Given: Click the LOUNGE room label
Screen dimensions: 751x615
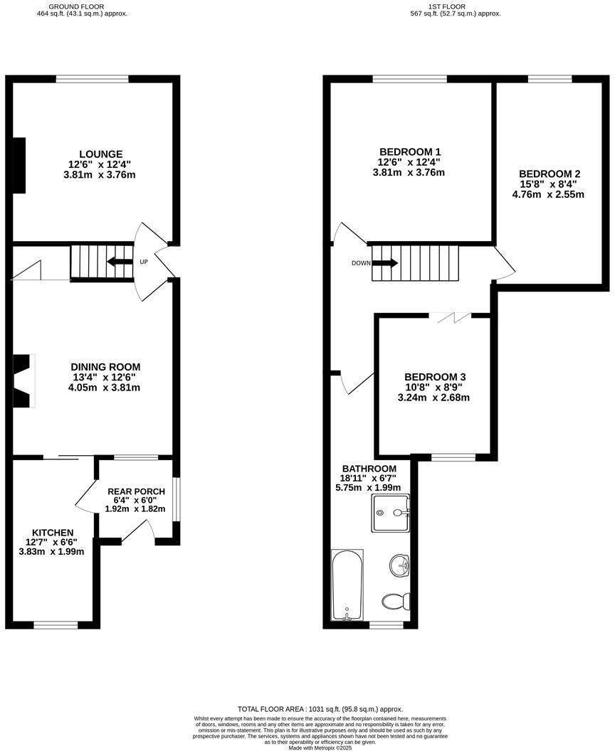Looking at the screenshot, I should (x=100, y=154).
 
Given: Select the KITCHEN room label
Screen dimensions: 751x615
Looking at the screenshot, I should (x=52, y=533).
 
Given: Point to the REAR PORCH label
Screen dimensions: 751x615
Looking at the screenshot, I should (x=136, y=491).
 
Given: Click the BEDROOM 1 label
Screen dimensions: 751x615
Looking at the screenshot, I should (x=410, y=151).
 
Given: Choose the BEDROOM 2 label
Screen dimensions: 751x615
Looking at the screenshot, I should (x=550, y=174).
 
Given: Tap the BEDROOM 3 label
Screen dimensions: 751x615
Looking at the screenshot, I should (x=435, y=377).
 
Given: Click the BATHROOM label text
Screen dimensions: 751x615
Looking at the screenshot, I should (x=369, y=469).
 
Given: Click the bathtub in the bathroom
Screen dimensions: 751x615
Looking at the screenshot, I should (x=347, y=585).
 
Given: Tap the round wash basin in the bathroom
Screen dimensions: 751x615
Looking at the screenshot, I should (x=399, y=566).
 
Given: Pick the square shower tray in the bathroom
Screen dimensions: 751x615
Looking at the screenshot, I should (x=391, y=514).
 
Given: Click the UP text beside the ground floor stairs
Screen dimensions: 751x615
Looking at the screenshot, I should (x=144, y=262).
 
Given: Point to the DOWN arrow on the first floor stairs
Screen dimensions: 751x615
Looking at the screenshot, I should (x=384, y=263).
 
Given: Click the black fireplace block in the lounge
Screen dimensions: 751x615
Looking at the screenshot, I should (x=19, y=165).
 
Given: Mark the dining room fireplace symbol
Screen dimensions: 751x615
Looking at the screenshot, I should (x=23, y=380).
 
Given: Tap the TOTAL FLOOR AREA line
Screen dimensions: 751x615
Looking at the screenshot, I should (x=320, y=709).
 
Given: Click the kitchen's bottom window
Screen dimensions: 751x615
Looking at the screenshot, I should (x=56, y=625).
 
